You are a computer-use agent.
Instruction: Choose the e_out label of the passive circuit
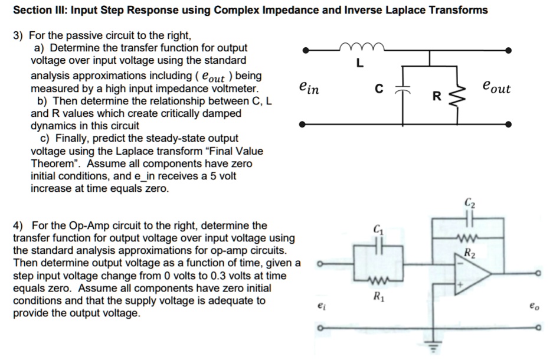(x=496, y=88)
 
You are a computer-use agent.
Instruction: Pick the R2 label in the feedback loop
(x=469, y=254)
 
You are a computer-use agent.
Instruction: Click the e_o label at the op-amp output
(x=534, y=306)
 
